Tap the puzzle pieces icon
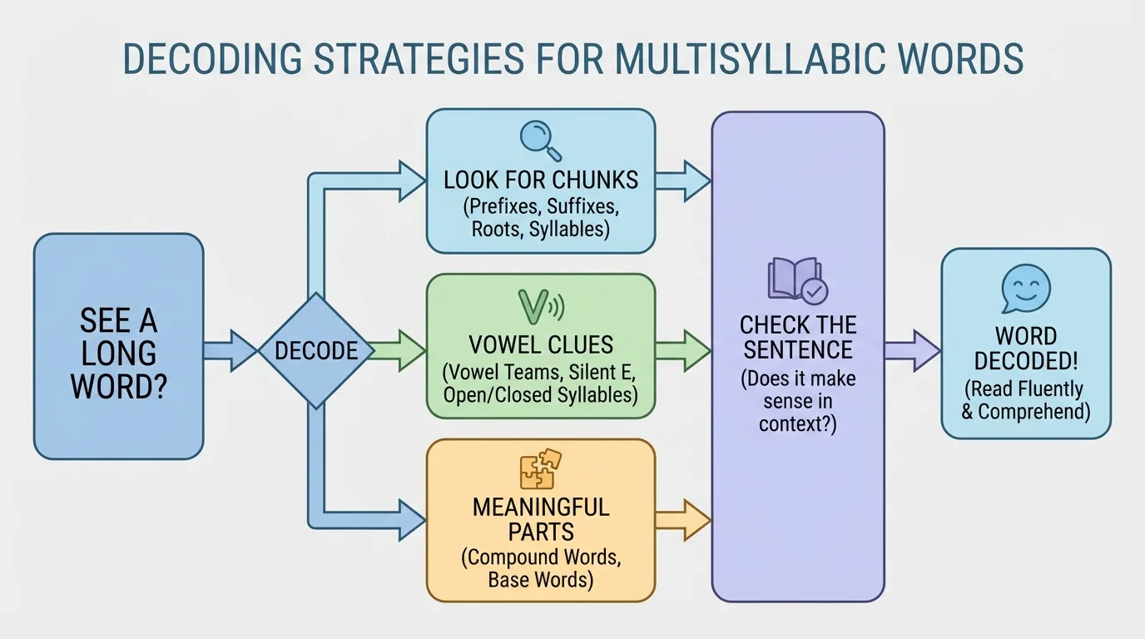pos(541,469)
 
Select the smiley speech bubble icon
pos(1026,288)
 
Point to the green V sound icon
pos(540,306)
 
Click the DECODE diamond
pos(315,350)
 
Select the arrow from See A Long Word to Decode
pos(230,350)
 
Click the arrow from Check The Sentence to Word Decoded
pos(912,349)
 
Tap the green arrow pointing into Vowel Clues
pos(399,349)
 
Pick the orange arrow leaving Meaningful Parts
pos(682,521)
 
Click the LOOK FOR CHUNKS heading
pos(541,180)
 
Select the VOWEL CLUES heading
pos(541,344)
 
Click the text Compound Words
pos(541,557)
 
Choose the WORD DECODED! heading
pos(1026,349)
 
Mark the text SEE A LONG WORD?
pos(118,353)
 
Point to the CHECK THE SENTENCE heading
pos(797,336)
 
